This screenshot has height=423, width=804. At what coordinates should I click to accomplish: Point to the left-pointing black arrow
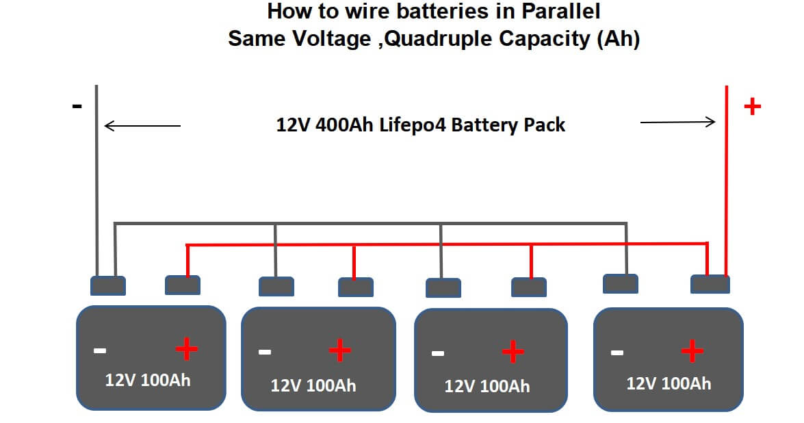pyautogui.click(x=142, y=126)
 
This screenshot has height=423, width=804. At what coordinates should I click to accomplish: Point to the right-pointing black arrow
pyautogui.click(x=677, y=122)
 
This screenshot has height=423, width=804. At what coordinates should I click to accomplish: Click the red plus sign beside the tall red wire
pyautogui.click(x=752, y=107)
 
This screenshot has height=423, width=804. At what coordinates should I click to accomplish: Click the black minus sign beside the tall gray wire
pyautogui.click(x=77, y=107)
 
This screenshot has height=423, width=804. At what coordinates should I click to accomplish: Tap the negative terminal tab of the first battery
pyautogui.click(x=108, y=285)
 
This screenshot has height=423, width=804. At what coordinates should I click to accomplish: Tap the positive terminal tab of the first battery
pyautogui.click(x=183, y=285)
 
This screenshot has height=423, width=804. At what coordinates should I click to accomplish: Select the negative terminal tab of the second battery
pyautogui.click(x=276, y=286)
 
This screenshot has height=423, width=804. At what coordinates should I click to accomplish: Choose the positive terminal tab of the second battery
pyautogui.click(x=356, y=287)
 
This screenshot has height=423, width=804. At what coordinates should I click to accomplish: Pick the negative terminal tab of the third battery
pyautogui.click(x=443, y=287)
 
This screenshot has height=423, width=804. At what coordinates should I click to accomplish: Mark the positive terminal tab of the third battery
pyautogui.click(x=529, y=287)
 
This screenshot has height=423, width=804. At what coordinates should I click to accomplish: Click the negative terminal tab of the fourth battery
pyautogui.click(x=621, y=283)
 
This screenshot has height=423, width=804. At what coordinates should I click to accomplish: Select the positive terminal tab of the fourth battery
pyautogui.click(x=710, y=284)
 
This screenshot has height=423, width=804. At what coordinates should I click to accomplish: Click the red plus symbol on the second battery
pyautogui.click(x=340, y=351)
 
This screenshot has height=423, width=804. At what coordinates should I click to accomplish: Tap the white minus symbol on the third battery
pyautogui.click(x=438, y=354)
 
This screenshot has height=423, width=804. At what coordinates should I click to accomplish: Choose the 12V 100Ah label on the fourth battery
pyautogui.click(x=669, y=383)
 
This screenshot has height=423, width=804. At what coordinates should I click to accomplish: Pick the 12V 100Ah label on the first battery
pyautogui.click(x=148, y=380)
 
